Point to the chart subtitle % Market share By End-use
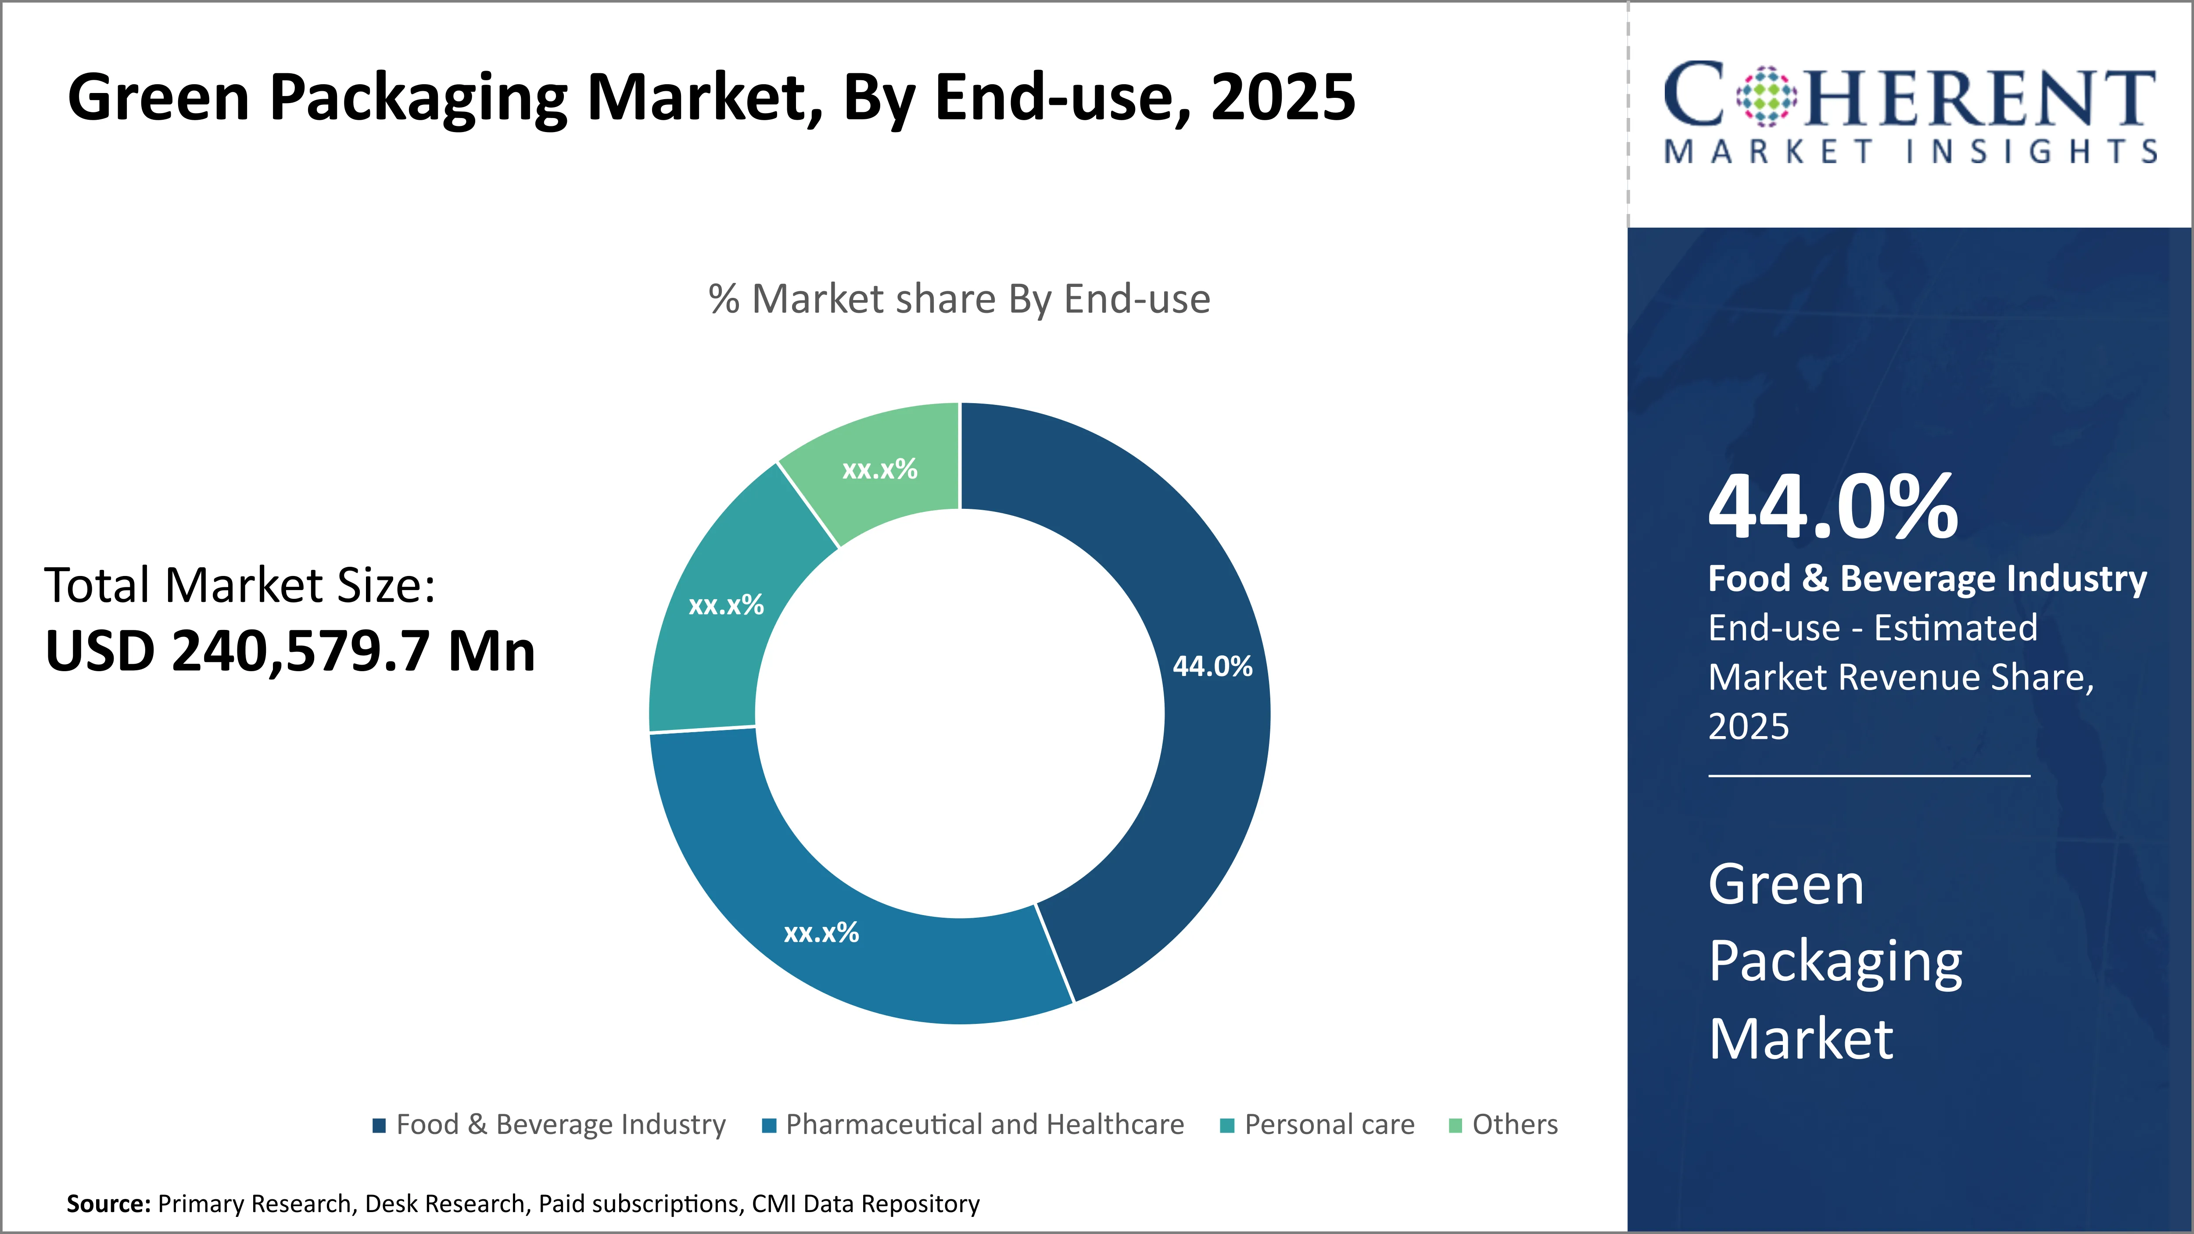tap(959, 299)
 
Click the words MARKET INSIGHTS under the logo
tap(1911, 152)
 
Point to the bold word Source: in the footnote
tap(108, 1203)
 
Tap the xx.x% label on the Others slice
tap(879, 469)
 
